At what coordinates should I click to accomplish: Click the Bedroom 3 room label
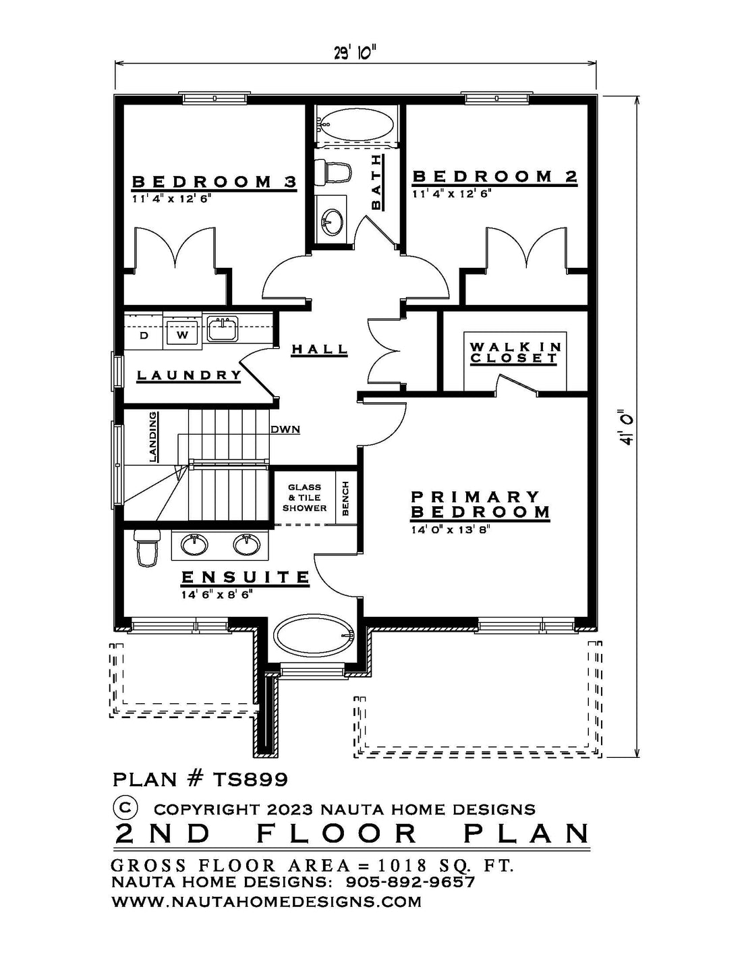pyautogui.click(x=215, y=182)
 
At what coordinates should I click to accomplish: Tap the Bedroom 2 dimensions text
pyautogui.click(x=452, y=194)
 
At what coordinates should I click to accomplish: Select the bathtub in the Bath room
pyautogui.click(x=356, y=125)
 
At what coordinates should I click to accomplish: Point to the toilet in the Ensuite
pyautogui.click(x=146, y=549)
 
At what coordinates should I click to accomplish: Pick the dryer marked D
pyautogui.click(x=144, y=335)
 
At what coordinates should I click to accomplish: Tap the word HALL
pyautogui.click(x=320, y=349)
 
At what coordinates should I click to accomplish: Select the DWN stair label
pyautogui.click(x=285, y=429)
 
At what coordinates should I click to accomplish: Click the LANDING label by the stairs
pyautogui.click(x=153, y=437)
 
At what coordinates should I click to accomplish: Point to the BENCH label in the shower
pyautogui.click(x=345, y=499)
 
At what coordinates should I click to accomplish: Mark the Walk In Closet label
pyautogui.click(x=515, y=352)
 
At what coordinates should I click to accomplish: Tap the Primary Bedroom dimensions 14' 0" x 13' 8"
pyautogui.click(x=451, y=529)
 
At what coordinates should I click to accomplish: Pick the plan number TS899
pyautogui.click(x=250, y=779)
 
